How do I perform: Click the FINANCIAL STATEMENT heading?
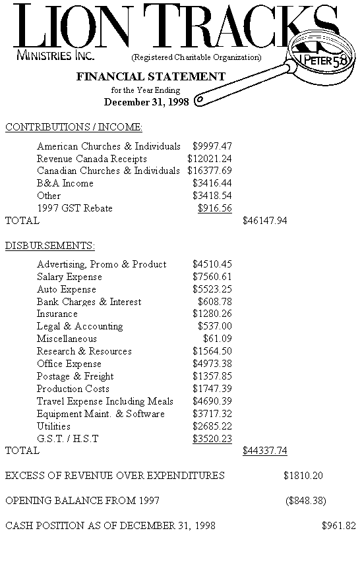151,76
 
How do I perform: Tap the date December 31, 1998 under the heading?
146,101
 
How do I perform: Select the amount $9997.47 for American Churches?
212,146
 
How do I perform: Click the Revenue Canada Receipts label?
92,158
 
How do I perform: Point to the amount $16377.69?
209,171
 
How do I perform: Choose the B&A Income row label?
65,183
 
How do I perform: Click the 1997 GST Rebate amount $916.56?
214,208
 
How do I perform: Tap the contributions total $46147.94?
264,221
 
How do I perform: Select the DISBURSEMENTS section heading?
50,246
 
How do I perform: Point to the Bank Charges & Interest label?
89,302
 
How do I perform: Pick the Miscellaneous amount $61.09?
217,339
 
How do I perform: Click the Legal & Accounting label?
80,326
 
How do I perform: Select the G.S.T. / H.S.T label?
67,438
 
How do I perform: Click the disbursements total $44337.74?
264,451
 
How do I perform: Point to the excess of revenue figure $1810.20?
303,475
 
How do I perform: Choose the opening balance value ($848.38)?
306,500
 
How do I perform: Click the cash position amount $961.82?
338,525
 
